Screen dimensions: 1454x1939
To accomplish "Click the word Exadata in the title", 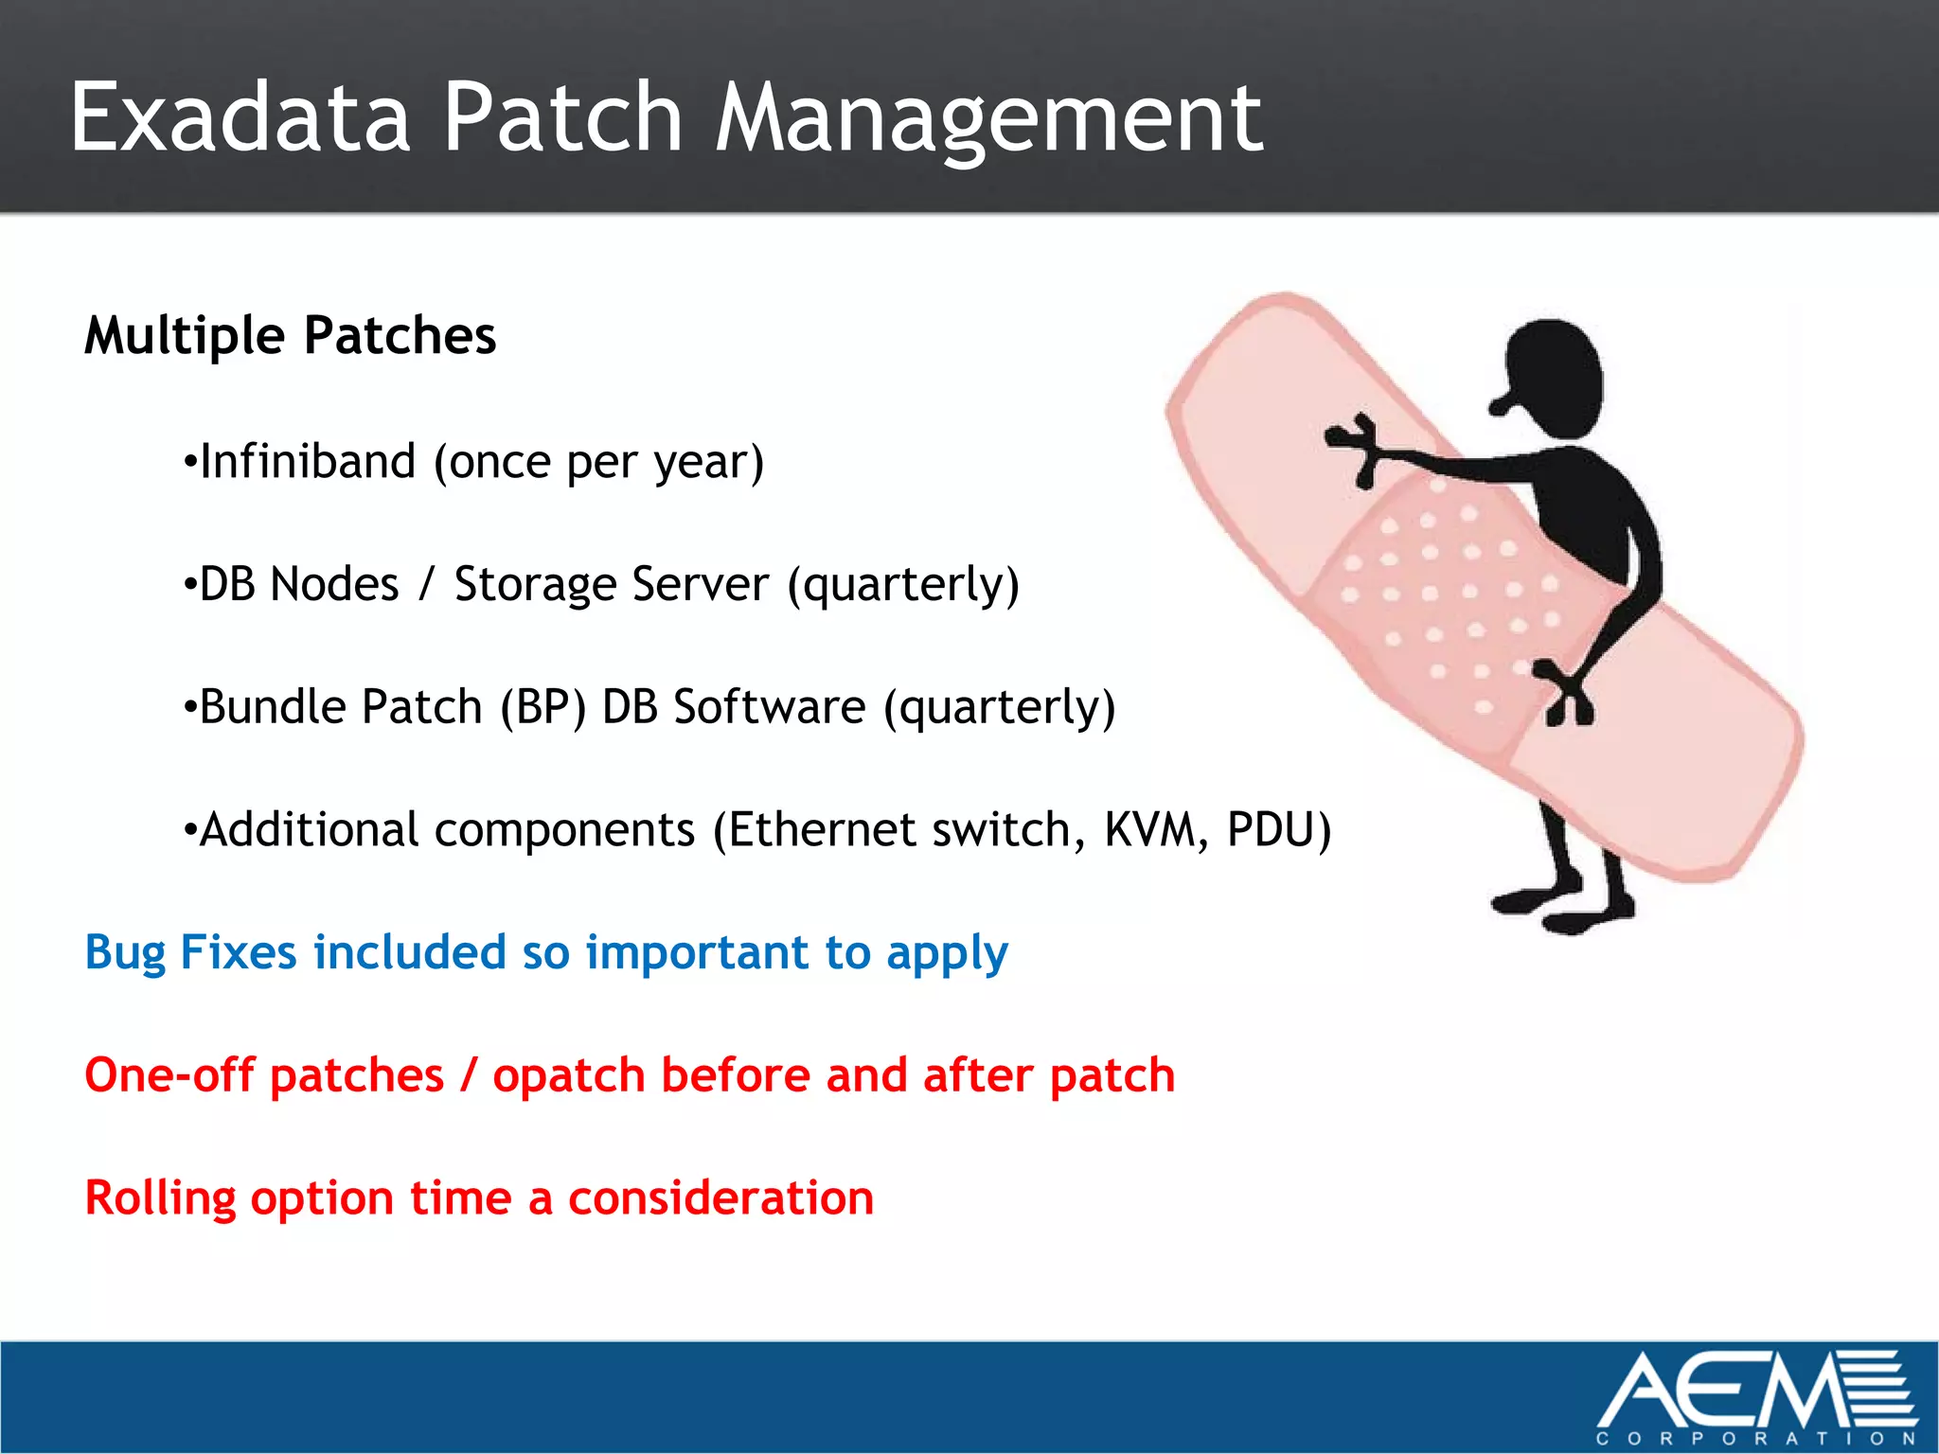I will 240,117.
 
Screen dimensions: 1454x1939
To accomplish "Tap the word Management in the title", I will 987,119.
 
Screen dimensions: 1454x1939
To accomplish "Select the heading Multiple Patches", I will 290,336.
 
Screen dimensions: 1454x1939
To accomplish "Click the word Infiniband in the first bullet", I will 308,462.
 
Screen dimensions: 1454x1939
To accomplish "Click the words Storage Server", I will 611,584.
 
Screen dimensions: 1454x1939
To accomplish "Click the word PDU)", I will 1278,830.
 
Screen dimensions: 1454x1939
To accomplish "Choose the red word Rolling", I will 160,1198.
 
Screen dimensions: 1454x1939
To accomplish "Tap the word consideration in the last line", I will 720,1198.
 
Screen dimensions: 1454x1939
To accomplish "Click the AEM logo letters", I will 1723,1392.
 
